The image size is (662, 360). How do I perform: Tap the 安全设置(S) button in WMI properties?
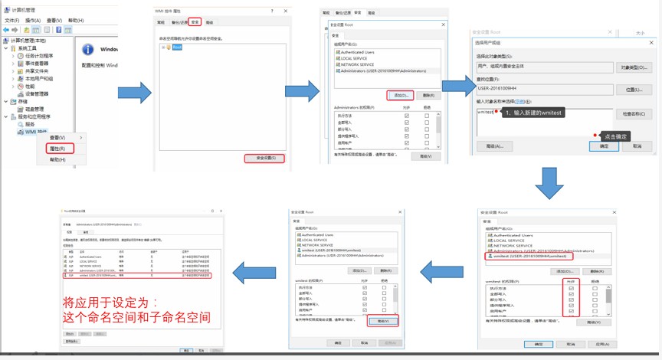(264, 159)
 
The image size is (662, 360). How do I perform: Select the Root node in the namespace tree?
(177, 47)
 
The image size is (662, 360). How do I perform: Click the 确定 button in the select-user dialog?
(604, 146)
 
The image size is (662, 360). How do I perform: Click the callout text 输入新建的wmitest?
(533, 112)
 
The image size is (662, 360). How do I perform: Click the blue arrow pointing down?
(549, 182)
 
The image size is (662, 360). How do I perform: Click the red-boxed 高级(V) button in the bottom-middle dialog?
(383, 321)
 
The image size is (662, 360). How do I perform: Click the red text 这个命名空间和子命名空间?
(137, 316)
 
